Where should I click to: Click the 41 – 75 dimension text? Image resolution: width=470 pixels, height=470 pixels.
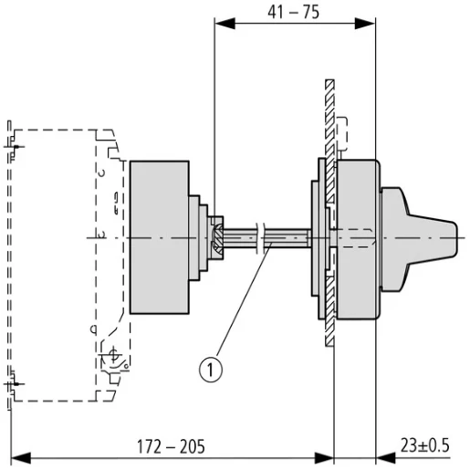point(294,12)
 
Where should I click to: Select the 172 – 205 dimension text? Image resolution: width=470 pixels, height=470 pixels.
point(171,446)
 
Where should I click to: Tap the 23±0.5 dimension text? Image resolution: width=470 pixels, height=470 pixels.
point(424,445)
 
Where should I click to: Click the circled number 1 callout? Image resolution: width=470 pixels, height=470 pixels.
point(211,370)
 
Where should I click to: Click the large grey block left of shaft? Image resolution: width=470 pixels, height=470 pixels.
point(160,237)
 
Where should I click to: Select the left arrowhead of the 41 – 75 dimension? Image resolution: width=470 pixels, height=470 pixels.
point(225,24)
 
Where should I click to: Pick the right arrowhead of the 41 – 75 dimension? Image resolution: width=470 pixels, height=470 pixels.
point(365,24)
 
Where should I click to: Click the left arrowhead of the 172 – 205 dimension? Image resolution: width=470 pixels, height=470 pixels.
point(21,458)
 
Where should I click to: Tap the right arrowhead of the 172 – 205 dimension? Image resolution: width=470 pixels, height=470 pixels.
point(324,458)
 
